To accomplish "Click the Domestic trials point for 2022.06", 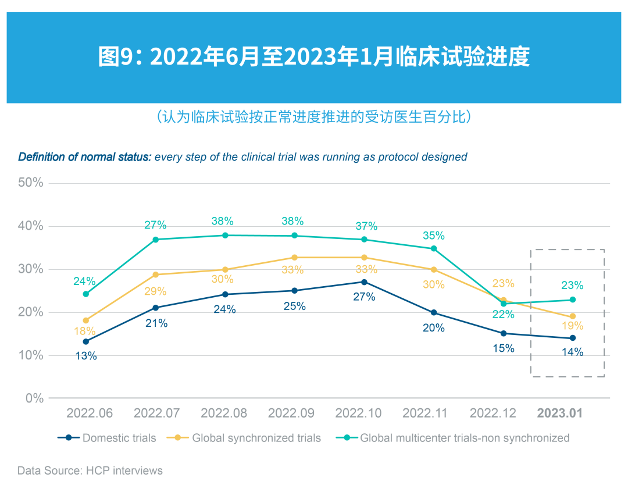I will click(86, 341).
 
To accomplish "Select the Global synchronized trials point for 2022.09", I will click(294, 257).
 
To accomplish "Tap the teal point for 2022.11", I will click(433, 248).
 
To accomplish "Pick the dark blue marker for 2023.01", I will click(572, 338).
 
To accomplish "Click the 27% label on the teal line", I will click(155, 225).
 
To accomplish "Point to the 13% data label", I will click(86, 356).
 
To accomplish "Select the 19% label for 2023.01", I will click(572, 326).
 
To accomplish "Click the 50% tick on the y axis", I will click(30, 183).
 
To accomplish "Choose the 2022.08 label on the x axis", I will click(224, 413).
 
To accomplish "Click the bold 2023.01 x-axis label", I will click(559, 413).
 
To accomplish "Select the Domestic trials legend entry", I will click(108, 438).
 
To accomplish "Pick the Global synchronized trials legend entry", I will click(244, 438).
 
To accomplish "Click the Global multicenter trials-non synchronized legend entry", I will click(454, 438).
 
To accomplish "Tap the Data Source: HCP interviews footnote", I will click(90, 470).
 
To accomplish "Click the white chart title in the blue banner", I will click(314, 57).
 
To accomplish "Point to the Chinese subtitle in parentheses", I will click(314, 116).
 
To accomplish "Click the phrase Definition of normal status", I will click(85, 157).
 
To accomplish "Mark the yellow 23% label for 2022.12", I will click(504, 284).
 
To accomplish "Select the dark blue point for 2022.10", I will click(364, 282).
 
